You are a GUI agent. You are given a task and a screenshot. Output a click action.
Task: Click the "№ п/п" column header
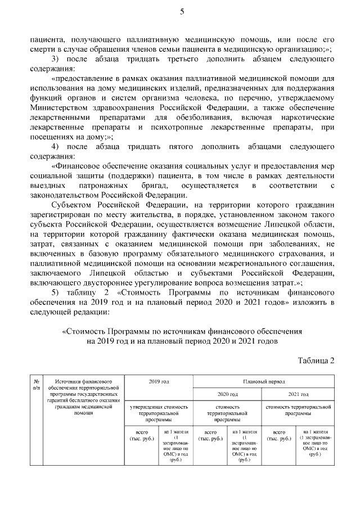(37, 385)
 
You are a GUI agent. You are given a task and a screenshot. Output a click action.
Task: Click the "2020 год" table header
(227, 394)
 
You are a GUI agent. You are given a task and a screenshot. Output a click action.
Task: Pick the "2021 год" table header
(297, 394)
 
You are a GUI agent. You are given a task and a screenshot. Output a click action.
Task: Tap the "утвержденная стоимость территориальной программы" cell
(159, 412)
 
